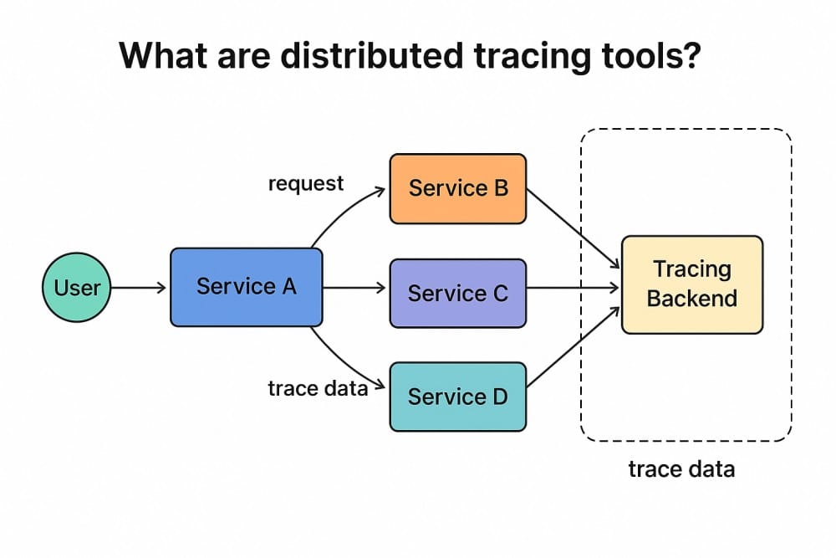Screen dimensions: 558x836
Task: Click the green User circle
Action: [77, 288]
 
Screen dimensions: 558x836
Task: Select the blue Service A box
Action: [246, 287]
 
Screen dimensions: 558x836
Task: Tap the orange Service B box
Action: [457, 188]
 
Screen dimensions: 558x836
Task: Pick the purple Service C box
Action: [457, 293]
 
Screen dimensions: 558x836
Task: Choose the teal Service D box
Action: [457, 396]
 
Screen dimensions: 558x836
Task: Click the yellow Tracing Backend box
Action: [692, 284]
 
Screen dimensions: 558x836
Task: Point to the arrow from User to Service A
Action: [139, 288]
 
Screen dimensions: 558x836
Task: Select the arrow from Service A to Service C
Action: [354, 288]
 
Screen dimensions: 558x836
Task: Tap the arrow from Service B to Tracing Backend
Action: [573, 224]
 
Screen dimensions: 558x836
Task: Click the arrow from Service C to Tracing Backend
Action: [573, 288]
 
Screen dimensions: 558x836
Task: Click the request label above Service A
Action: [305, 183]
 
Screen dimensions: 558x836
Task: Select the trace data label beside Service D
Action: [318, 388]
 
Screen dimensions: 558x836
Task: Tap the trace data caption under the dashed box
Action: [681, 468]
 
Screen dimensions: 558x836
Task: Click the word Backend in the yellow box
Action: [692, 299]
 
